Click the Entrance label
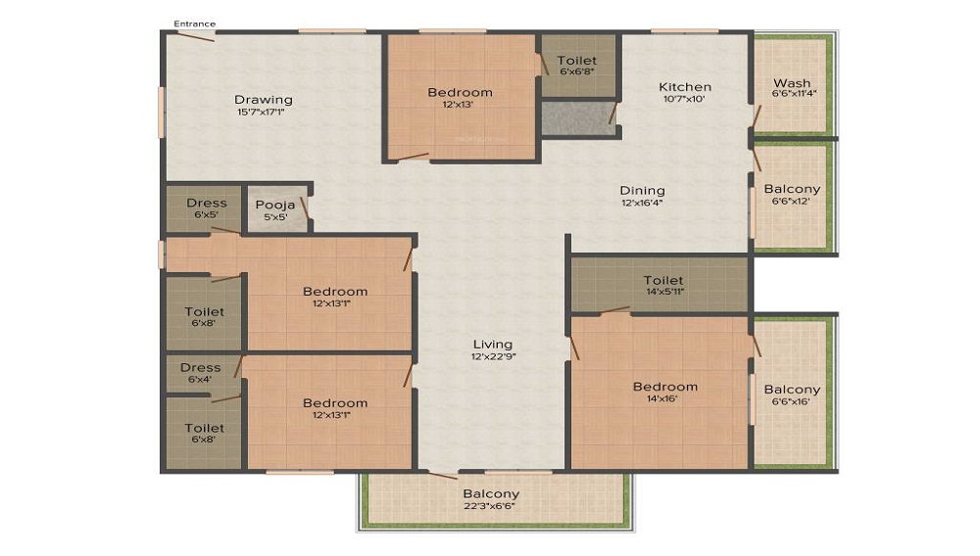(194, 23)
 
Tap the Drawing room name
(264, 99)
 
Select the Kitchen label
(684, 86)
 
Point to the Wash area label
(792, 83)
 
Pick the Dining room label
(642, 190)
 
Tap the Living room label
(493, 344)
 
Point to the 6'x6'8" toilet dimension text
(577, 71)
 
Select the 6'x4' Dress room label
(200, 380)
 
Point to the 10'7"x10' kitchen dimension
(684, 99)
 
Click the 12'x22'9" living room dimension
(493, 356)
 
